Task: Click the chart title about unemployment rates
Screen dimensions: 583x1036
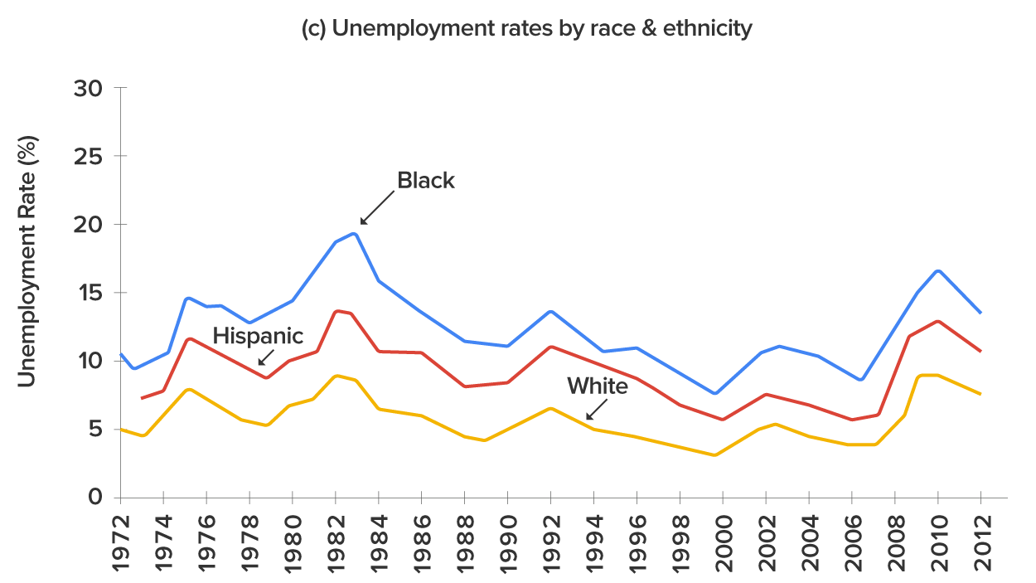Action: pos(527,28)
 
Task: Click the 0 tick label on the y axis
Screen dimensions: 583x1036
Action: pos(95,498)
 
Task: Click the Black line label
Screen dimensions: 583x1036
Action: pos(426,181)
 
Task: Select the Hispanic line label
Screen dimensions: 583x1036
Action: pos(258,336)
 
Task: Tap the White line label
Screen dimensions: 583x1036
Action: pos(597,386)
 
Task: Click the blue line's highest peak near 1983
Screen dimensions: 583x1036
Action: pos(355,234)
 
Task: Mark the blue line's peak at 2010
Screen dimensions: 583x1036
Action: pos(937,270)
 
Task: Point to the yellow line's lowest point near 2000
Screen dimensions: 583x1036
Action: pos(714,454)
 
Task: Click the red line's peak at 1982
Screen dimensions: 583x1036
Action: pos(337,311)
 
